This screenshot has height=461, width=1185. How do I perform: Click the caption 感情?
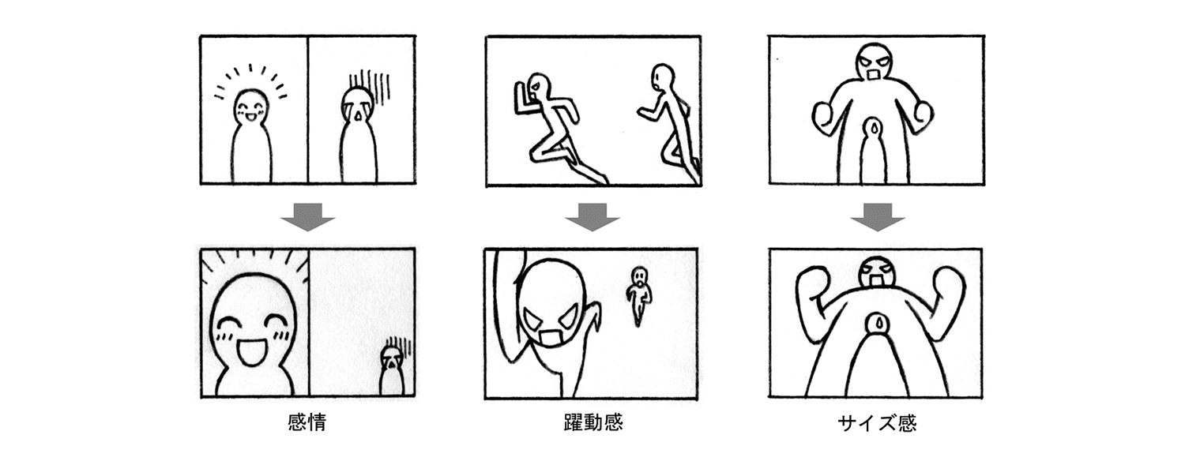pyautogui.click(x=307, y=422)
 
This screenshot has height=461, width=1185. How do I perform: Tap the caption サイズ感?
pyautogui.click(x=876, y=423)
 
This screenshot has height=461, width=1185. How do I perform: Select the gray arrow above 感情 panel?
pyautogui.click(x=307, y=217)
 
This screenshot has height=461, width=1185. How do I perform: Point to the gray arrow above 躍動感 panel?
pyautogui.click(x=592, y=217)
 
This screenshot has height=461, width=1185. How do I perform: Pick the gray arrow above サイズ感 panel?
pyautogui.click(x=877, y=217)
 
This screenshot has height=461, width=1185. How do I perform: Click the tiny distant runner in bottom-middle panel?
pyautogui.click(x=639, y=294)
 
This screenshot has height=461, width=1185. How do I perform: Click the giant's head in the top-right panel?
pyautogui.click(x=874, y=63)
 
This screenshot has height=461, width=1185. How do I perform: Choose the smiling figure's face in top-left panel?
pyautogui.click(x=251, y=109)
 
